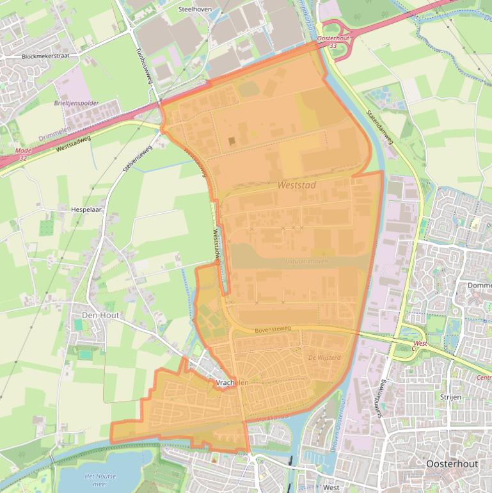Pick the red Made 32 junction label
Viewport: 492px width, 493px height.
pos(22,154)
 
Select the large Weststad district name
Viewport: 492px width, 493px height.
pos(298,184)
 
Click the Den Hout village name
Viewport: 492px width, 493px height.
pos(100,315)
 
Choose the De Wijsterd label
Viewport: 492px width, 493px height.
pos(324,357)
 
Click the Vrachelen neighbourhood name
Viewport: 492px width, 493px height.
pos(233,382)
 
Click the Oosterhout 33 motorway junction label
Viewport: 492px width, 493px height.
pos(333,42)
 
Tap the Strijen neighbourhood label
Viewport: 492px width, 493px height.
pos(450,397)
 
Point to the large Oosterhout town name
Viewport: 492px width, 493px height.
pos(452,464)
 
